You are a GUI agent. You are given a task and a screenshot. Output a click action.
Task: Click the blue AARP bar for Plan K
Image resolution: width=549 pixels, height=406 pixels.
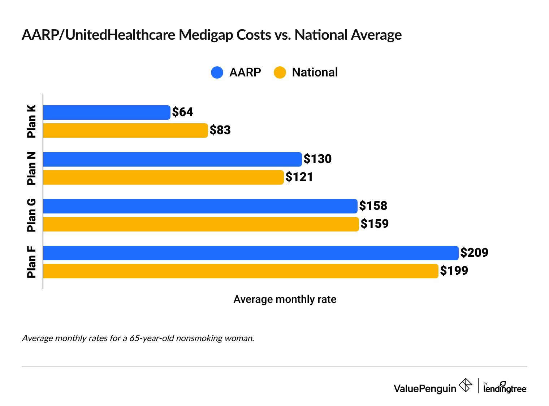107,112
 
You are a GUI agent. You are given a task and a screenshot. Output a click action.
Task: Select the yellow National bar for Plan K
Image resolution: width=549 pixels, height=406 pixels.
125,131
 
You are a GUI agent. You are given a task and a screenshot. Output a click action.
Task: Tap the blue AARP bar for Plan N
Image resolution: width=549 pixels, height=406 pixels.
172,159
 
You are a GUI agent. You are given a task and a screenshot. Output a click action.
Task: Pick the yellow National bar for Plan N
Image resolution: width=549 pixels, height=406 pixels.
163,177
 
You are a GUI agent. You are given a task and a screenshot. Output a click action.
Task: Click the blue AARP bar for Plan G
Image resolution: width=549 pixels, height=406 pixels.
200,206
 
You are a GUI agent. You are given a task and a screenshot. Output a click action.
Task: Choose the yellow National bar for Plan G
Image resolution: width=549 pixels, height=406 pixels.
201,224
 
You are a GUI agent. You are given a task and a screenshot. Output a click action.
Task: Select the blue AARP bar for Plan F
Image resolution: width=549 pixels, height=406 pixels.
251,253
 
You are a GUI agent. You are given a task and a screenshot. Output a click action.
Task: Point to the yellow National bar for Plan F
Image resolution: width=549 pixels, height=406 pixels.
241,271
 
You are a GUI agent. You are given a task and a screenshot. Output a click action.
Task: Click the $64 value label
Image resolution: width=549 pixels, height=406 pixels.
182,112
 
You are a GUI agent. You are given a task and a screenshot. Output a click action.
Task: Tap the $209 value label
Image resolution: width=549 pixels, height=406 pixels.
474,253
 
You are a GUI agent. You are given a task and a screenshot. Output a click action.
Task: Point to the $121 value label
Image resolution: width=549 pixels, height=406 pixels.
299,177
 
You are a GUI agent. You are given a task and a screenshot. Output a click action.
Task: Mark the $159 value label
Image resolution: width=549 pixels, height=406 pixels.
374,224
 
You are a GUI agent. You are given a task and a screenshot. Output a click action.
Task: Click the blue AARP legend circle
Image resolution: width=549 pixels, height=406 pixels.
217,72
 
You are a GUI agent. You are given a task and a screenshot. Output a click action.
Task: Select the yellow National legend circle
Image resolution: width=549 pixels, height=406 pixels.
280,72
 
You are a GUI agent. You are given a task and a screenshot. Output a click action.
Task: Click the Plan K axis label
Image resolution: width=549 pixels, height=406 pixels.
32,121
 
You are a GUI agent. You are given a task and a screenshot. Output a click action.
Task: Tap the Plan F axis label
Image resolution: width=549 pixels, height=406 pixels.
32,262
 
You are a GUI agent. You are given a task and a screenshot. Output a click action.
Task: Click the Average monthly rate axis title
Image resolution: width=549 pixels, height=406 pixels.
285,299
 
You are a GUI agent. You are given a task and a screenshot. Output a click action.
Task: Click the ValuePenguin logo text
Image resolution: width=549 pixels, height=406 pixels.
425,388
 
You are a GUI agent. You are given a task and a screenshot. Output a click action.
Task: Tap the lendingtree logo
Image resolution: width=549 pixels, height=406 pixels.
505,388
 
